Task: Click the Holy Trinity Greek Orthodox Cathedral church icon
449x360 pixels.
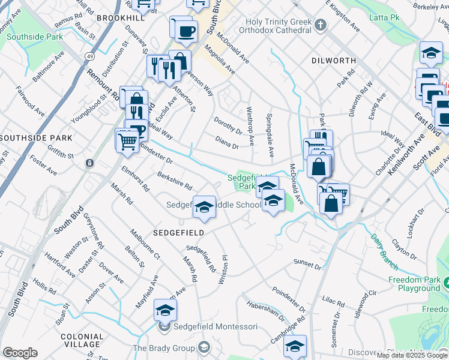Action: [321, 25]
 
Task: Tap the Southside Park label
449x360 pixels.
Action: [34, 37]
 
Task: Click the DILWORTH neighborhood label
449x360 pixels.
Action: [331, 61]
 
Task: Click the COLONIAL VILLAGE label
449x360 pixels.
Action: [81, 340]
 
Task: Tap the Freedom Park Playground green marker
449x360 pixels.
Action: [445, 280]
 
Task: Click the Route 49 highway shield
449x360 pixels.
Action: [89, 56]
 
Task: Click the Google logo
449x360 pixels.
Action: [20, 353]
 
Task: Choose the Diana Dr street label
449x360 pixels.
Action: [227, 142]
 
